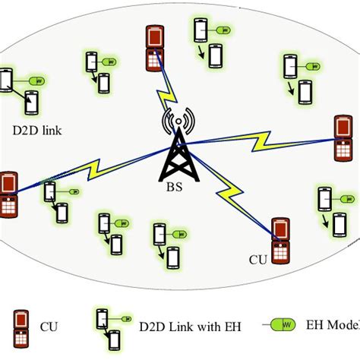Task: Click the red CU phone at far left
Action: [10, 193]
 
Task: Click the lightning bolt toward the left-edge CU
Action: [91, 166]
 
